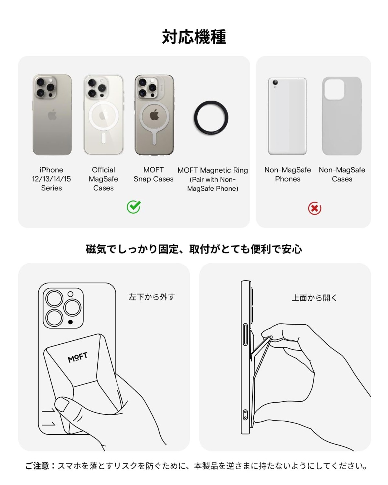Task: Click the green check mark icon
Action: pos(133,207)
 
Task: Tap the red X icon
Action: pos(315,208)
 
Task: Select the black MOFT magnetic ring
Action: pos(211,117)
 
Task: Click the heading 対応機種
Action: pos(194,37)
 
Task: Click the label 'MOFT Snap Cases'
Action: pos(153,174)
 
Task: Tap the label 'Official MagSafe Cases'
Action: pos(103,179)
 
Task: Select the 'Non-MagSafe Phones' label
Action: pos(288,174)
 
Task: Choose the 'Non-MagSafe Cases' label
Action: pos(342,174)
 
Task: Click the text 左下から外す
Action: pos(152,297)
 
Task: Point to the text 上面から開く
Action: pos(314,298)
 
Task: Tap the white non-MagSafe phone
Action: pos(287,116)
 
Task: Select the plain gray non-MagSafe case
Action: pos(342,116)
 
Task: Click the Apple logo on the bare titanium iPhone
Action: pos(52,115)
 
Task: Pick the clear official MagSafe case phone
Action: pos(103,115)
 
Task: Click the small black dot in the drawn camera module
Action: pos(70,322)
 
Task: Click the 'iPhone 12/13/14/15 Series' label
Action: pos(52,179)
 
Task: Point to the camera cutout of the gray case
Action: pos(334,89)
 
